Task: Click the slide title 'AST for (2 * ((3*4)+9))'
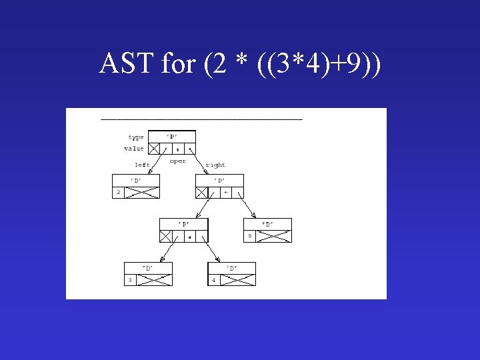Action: tap(240, 64)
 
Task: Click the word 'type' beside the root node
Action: tap(136, 137)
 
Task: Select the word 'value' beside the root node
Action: tap(134, 149)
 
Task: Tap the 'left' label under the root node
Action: tap(142, 165)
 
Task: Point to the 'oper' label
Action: tap(178, 161)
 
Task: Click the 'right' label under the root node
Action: tap(215, 165)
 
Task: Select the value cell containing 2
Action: tap(118, 192)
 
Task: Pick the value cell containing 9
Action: tap(249, 236)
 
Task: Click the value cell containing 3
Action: tap(130, 280)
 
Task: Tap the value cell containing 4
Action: tap(214, 280)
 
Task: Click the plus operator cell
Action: tap(225, 192)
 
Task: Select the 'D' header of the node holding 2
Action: tap(136, 180)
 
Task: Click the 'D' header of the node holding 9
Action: tap(267, 224)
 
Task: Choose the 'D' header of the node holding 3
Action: tap(148, 268)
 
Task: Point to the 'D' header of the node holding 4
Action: tap(231, 268)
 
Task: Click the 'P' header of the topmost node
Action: tap(172, 137)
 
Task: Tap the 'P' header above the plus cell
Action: tap(219, 180)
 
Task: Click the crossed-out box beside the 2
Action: tap(143, 192)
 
